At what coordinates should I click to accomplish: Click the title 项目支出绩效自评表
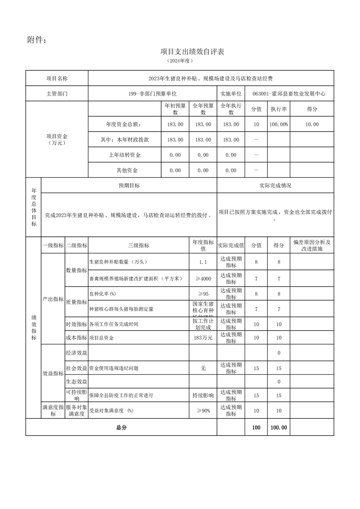192,52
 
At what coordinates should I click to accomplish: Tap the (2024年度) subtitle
180,60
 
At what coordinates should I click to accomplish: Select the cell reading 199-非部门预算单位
153,94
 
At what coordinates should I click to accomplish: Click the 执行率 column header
278,109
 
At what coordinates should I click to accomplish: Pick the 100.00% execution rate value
278,124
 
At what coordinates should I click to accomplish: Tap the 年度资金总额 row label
123,124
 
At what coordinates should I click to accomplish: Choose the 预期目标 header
129,186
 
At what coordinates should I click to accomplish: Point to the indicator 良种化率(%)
103,294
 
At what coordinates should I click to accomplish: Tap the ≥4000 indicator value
203,279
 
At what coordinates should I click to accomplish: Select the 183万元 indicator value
203,338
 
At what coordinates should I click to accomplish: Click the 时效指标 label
77,324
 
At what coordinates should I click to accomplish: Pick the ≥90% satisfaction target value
203,411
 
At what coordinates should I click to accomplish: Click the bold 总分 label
121,427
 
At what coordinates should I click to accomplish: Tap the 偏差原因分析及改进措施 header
311,246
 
